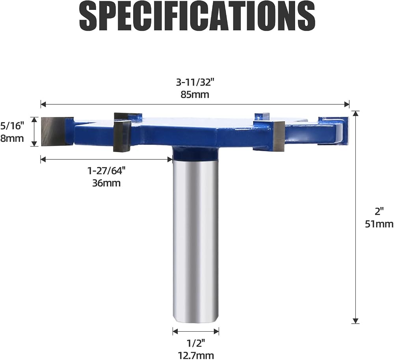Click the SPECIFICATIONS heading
coord(197,17)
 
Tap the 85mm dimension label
coord(195,95)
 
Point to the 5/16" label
coord(12,126)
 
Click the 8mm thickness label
coord(12,138)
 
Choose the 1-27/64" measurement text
coord(106,171)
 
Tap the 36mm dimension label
coord(106,183)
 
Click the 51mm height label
coord(379,224)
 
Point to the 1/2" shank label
coord(196,343)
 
